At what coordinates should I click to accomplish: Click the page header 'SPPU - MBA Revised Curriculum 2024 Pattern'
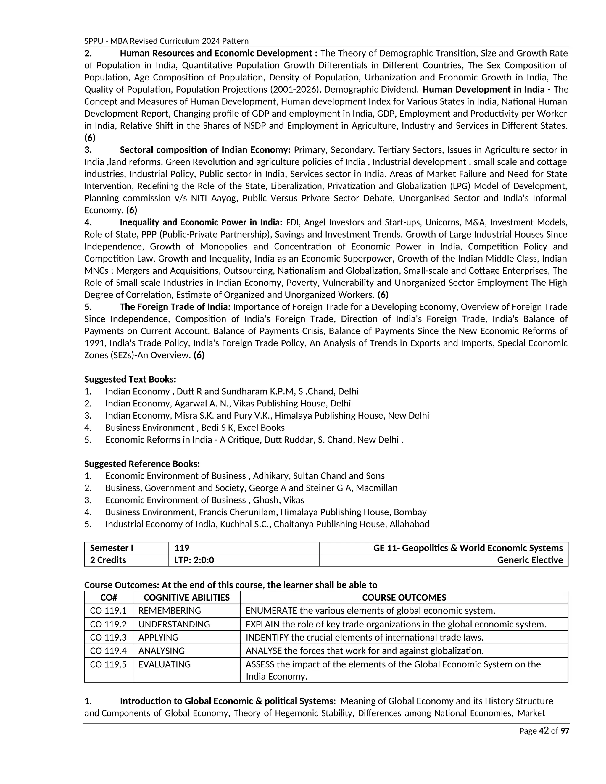166,41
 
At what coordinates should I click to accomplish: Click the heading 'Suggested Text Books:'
130,379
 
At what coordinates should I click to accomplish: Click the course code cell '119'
182,548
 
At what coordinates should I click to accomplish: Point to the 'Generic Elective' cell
530,560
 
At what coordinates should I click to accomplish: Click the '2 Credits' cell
108,560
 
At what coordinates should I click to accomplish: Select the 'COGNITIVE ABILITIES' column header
186,597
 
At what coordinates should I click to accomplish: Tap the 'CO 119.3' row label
108,637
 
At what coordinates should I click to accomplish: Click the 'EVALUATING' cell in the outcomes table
165,664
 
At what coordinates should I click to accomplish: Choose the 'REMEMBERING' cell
170,611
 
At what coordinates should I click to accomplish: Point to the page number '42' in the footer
544,731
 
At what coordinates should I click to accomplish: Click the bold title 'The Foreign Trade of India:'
175,307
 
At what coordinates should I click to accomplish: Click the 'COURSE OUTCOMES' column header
404,597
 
